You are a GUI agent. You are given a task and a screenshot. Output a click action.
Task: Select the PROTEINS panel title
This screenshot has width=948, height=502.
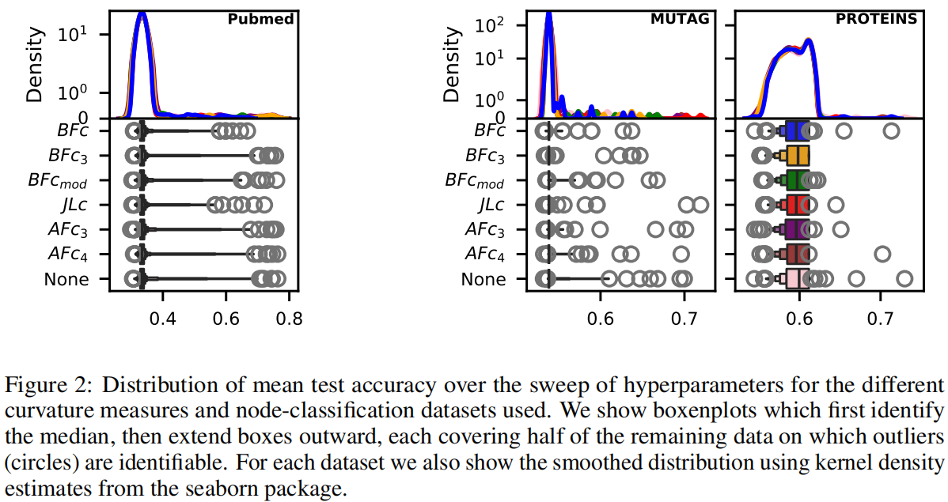[876, 18]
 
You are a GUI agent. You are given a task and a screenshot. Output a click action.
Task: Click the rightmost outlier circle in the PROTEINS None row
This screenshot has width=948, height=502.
[904, 279]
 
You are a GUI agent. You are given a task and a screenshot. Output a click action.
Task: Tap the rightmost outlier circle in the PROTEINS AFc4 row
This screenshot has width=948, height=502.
[882, 254]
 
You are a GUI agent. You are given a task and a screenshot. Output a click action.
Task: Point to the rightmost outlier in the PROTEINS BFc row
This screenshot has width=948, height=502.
[891, 131]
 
